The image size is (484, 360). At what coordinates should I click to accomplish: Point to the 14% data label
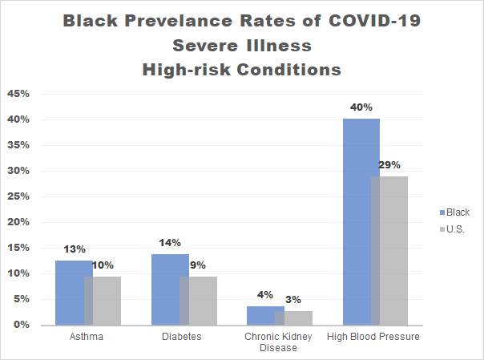(170, 242)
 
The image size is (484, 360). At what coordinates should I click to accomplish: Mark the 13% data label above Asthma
(75, 248)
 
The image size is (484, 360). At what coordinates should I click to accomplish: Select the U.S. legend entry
(456, 229)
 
